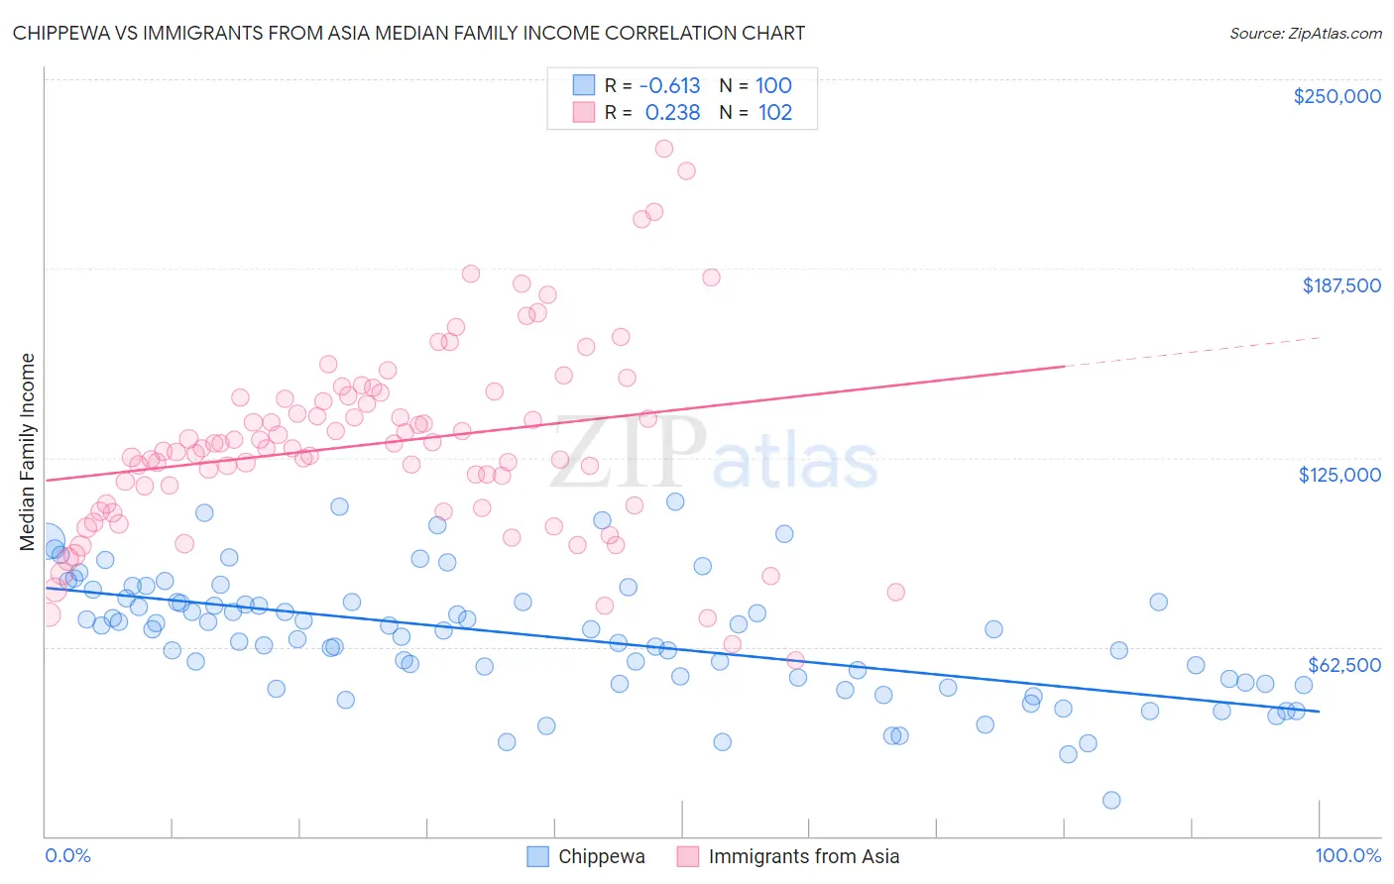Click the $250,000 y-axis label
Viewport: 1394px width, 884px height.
click(x=1336, y=96)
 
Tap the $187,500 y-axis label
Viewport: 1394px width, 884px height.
click(x=1340, y=285)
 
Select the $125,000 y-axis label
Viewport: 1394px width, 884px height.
click(x=1339, y=475)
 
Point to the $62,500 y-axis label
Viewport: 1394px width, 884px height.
click(x=1343, y=665)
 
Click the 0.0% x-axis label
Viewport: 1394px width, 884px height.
click(x=67, y=855)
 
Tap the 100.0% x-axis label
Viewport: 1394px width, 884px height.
click(x=1347, y=855)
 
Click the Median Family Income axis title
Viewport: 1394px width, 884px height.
click(x=27, y=451)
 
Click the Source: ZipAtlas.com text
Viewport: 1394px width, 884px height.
click(x=1305, y=33)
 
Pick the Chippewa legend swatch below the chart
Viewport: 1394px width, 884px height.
click(x=537, y=856)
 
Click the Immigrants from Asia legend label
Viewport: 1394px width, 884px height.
click(x=803, y=856)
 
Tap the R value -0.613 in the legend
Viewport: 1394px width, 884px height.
click(x=669, y=86)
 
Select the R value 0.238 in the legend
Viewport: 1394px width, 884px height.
click(x=672, y=113)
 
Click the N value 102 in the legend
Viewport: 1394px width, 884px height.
click(x=774, y=113)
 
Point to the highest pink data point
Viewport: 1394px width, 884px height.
click(x=664, y=149)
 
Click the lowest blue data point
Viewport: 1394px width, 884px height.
click(x=1111, y=800)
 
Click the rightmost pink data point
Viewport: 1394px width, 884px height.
click(x=895, y=592)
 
